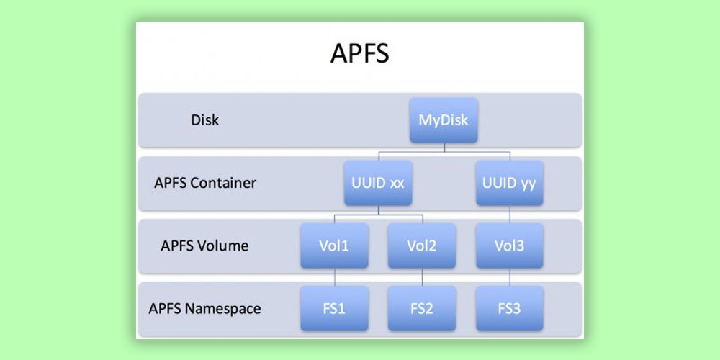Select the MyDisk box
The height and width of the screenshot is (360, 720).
[x=444, y=120]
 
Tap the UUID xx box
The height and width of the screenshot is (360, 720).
[x=377, y=183]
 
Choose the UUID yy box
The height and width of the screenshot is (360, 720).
[x=510, y=183]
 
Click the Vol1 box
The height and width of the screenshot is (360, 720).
[x=334, y=246]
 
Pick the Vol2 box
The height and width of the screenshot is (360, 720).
[x=422, y=246]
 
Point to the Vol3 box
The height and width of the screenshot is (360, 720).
[x=510, y=246]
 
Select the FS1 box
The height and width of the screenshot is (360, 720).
[x=334, y=309]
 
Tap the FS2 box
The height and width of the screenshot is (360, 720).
[x=422, y=309]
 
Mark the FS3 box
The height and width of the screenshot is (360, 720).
[x=510, y=309]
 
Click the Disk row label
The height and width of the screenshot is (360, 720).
[x=205, y=120]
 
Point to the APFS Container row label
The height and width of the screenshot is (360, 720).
[x=205, y=183]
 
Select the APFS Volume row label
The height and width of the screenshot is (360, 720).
[x=204, y=246]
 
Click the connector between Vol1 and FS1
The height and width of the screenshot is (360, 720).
[x=334, y=277]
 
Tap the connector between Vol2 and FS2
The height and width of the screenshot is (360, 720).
[x=422, y=277]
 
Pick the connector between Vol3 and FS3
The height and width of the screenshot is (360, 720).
[x=510, y=277]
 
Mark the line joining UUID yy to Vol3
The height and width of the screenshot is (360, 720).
[x=510, y=215]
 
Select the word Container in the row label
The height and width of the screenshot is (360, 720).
[x=223, y=183]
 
